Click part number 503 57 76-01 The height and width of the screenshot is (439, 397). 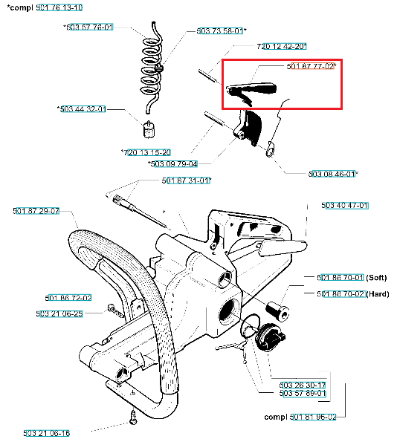pos(90,27)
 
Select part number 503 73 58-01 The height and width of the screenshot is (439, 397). pos(219,30)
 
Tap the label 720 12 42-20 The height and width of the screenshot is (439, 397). pos(282,46)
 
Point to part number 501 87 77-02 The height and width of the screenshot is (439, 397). pos(311,66)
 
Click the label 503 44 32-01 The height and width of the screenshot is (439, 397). pos(83,109)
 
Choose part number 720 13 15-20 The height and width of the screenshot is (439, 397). pos(147,152)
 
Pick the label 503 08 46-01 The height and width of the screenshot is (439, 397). pos(332,174)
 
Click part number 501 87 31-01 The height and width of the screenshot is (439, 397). pos(185,181)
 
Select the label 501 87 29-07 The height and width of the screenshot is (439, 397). pos(36,211)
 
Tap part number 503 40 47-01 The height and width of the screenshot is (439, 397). pos(345,206)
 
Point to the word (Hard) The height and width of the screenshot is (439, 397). pos(378,294)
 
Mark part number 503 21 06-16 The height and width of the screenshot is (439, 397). pos(46,433)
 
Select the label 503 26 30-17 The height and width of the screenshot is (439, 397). pos(303,385)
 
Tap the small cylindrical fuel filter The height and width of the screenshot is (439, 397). pos(149,130)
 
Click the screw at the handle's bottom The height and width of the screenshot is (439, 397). pos(133,417)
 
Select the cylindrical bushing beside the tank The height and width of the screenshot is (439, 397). pos(277,310)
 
